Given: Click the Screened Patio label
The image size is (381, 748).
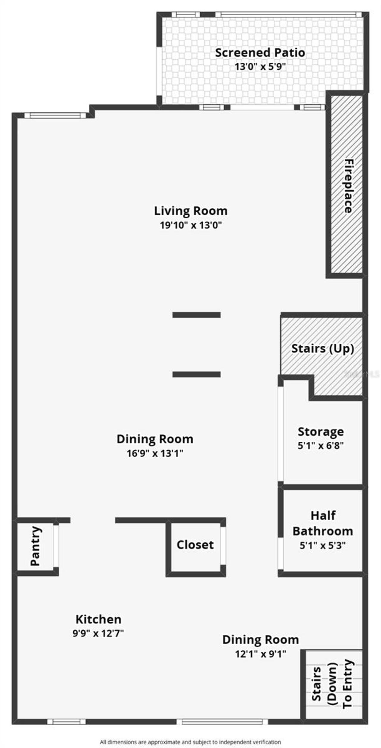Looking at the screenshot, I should pyautogui.click(x=260, y=53).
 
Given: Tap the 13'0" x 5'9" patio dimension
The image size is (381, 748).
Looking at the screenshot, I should pyautogui.click(x=260, y=66).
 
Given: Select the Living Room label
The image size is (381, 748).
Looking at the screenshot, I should pyautogui.click(x=190, y=211).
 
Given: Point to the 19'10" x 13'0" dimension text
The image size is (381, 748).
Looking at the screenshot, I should pyautogui.click(x=190, y=225).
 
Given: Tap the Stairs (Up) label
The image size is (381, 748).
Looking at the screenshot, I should pyautogui.click(x=322, y=348).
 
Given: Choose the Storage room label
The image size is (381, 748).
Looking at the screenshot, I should pyautogui.click(x=321, y=432).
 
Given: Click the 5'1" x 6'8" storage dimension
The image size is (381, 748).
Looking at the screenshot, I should pyautogui.click(x=321, y=446).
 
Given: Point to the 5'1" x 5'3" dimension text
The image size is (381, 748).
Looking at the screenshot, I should pyautogui.click(x=322, y=545).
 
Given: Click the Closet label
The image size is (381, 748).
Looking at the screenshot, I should pyautogui.click(x=195, y=545).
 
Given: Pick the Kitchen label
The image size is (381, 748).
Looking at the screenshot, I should pyautogui.click(x=98, y=619).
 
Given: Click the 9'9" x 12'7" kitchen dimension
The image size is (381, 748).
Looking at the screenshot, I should pyautogui.click(x=98, y=633).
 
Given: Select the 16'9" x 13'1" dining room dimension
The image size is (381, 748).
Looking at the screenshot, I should pyautogui.click(x=155, y=453).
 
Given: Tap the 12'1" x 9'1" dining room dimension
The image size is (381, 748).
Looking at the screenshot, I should pyautogui.click(x=260, y=654).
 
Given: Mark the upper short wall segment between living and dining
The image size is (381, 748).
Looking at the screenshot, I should pyautogui.click(x=196, y=315).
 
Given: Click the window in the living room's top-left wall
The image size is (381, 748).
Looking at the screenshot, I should pyautogui.click(x=55, y=115).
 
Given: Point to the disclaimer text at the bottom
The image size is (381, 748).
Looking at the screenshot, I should pyautogui.click(x=190, y=742).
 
